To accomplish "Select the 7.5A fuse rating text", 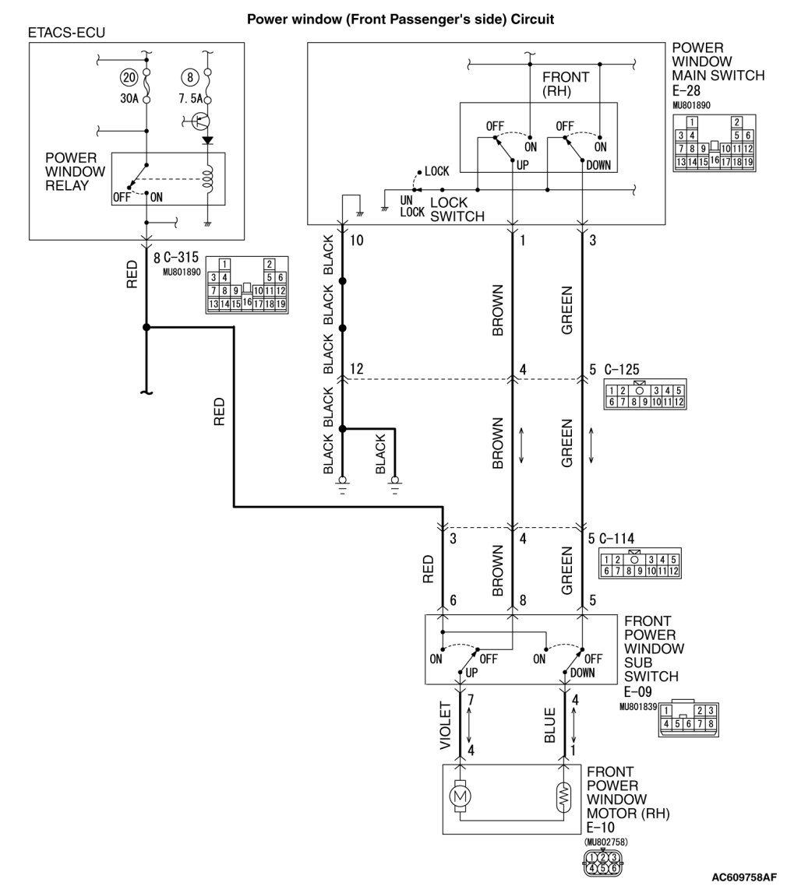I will point(189,99).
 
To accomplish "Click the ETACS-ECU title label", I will point(66,33).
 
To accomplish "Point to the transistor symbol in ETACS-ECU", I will point(201,121).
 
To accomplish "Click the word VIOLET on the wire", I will point(446,726).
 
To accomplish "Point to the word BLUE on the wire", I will point(550,725).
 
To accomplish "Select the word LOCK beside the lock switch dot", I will point(437,171).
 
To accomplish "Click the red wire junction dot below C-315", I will point(146,328).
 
